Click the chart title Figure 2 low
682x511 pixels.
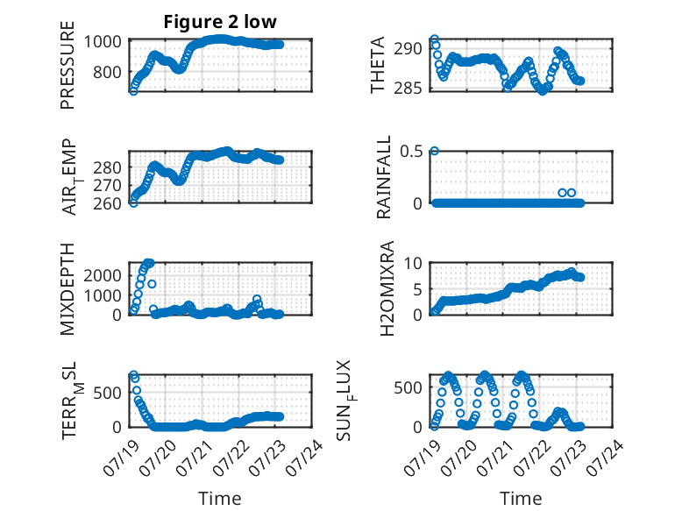point(220,22)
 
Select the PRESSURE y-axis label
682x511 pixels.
point(67,65)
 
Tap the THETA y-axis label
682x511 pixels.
point(378,65)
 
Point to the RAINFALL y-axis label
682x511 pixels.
point(384,177)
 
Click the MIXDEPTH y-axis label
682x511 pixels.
point(67,289)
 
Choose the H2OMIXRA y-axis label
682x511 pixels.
point(387,288)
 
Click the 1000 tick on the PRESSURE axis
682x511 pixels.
point(103,42)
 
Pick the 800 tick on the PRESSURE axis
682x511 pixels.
point(107,72)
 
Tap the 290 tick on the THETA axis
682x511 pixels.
point(408,49)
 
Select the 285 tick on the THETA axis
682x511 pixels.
point(408,89)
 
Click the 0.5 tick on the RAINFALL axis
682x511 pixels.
point(411,152)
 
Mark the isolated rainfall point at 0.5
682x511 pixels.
point(434,151)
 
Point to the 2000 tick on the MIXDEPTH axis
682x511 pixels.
point(103,275)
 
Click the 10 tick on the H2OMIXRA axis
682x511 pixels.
point(413,263)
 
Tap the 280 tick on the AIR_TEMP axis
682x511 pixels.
point(107,167)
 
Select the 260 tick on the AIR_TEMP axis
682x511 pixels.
point(107,203)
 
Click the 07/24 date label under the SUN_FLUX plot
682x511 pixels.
point(605,458)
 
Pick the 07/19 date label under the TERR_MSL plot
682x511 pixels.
point(122,458)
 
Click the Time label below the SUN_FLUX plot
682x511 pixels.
point(521,498)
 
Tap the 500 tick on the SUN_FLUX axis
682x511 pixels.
point(408,387)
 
